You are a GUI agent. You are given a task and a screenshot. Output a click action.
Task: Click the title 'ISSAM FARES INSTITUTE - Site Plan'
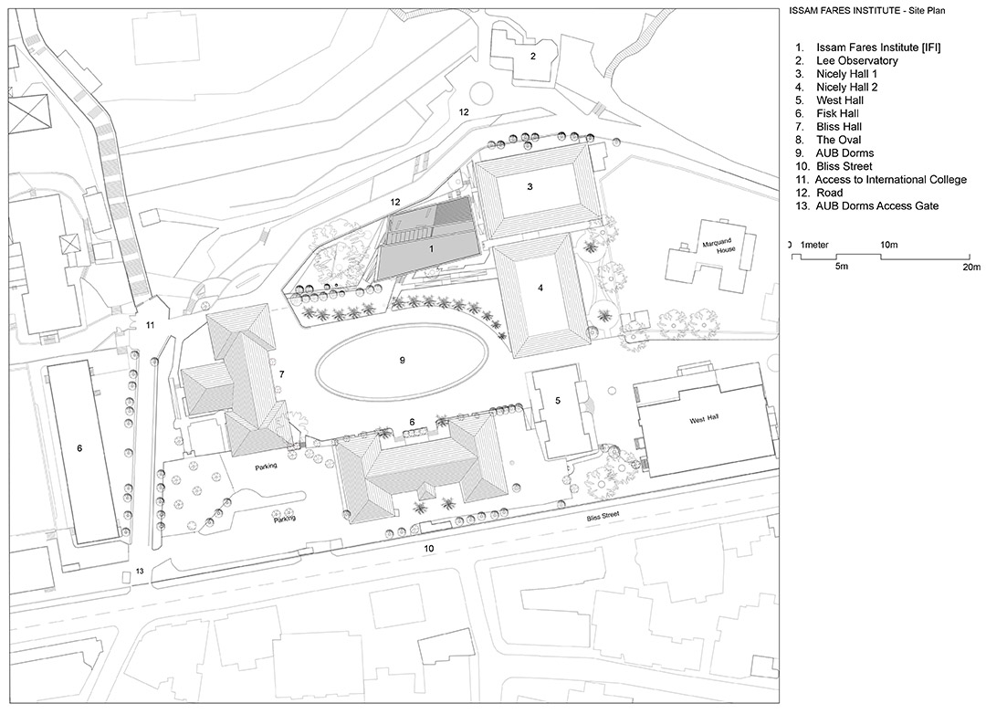(x=866, y=10)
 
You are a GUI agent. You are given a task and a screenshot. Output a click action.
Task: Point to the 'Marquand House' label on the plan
(x=720, y=245)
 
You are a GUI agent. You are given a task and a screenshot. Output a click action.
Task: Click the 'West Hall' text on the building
(x=704, y=419)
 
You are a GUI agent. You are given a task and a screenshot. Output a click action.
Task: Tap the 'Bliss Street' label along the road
(x=603, y=517)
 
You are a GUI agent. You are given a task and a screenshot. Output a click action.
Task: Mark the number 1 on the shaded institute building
(x=431, y=249)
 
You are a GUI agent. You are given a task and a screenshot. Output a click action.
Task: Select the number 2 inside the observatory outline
(x=532, y=56)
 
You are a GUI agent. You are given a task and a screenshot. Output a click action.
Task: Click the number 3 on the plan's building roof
(x=530, y=186)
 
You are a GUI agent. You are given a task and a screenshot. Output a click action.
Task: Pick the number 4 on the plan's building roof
(x=540, y=289)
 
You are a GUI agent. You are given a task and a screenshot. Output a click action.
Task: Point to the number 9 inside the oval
(x=403, y=361)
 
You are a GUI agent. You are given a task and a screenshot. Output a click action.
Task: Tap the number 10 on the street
(x=429, y=549)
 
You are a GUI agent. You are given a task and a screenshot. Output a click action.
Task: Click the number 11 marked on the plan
(x=150, y=325)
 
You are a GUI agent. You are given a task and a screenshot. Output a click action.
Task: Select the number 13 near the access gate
(x=140, y=572)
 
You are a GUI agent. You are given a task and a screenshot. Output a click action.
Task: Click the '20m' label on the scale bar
(x=971, y=267)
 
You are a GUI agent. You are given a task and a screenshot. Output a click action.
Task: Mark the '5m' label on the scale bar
(x=842, y=266)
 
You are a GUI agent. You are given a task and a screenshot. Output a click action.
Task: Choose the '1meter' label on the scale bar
(x=814, y=245)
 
